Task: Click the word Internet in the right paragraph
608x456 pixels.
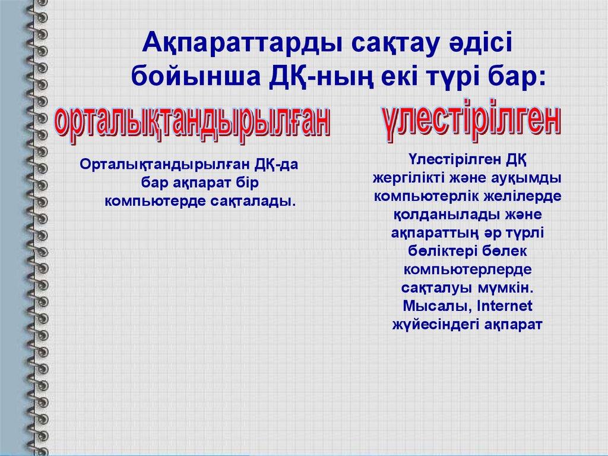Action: pyautogui.click(x=505, y=306)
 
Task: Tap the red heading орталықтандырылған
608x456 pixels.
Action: pyautogui.click(x=192, y=124)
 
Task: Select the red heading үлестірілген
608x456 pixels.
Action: pyautogui.click(x=471, y=119)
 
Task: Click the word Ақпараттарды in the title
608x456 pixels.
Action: pyautogui.click(x=242, y=43)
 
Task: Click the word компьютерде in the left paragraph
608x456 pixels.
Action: pyautogui.click(x=156, y=201)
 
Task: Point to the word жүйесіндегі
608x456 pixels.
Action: pyautogui.click(x=435, y=325)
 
